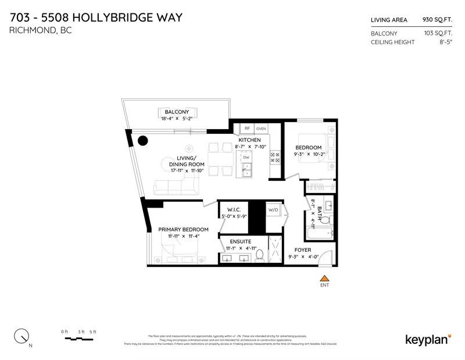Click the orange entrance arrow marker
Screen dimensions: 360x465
pyautogui.click(x=325, y=277)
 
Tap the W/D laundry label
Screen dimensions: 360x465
pyautogui.click(x=273, y=209)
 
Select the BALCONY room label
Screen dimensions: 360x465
pyautogui.click(x=176, y=112)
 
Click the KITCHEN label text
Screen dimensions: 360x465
pyautogui.click(x=250, y=140)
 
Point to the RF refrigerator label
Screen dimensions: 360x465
pyautogui.click(x=246, y=128)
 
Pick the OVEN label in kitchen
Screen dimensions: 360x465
pyautogui.click(x=261, y=128)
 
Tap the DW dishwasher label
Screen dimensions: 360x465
pyautogui.click(x=246, y=158)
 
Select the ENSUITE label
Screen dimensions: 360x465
pyautogui.click(x=240, y=241)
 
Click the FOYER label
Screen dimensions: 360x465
pyautogui.click(x=302, y=249)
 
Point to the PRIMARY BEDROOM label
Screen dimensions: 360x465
pyautogui.click(x=183, y=230)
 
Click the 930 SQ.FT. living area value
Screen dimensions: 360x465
pyautogui.click(x=438, y=20)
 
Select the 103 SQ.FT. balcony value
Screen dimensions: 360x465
pyautogui.click(x=438, y=33)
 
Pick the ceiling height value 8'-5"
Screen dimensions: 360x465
pyautogui.click(x=445, y=42)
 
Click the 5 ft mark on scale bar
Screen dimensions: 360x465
pyautogui.click(x=93, y=332)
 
